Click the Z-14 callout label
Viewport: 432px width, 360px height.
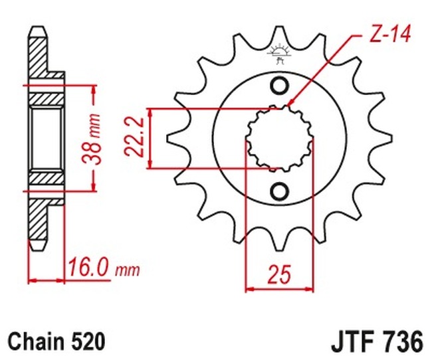click(390, 34)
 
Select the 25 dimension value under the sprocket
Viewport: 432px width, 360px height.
click(279, 274)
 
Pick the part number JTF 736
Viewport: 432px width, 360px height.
click(377, 342)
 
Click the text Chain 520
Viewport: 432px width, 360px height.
click(56, 341)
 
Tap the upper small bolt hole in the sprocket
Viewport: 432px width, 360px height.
click(279, 86)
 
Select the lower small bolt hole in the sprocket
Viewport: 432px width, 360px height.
click(279, 191)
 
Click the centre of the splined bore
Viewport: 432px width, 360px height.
click(279, 138)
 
